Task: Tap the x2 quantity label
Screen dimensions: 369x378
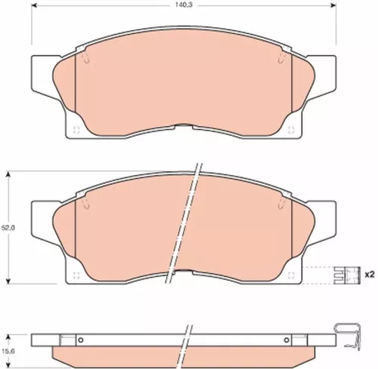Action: tap(370, 275)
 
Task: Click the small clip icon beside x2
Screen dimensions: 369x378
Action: tap(345, 275)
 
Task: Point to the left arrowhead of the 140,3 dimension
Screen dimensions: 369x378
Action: tap(33, 12)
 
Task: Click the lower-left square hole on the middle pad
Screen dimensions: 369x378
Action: tap(76, 274)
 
